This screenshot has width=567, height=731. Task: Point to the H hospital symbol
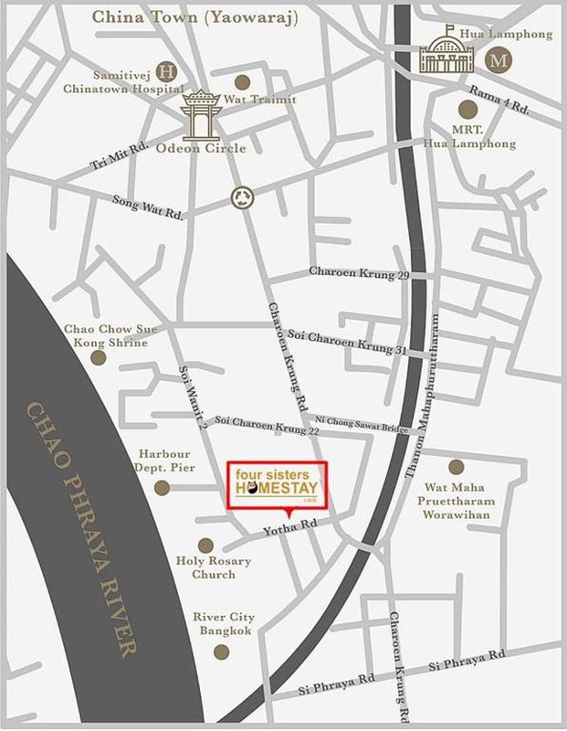(x=167, y=70)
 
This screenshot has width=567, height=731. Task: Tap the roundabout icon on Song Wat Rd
(x=242, y=196)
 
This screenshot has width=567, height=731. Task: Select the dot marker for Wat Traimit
(x=242, y=81)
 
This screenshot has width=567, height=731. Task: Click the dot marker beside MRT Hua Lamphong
(x=469, y=110)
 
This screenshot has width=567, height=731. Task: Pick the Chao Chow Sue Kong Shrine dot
(x=99, y=358)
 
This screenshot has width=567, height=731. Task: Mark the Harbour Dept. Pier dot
(x=162, y=488)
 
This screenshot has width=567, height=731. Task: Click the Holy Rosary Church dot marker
(x=206, y=545)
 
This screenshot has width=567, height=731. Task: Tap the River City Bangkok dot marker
(x=221, y=652)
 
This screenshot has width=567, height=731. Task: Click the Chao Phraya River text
(x=83, y=530)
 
